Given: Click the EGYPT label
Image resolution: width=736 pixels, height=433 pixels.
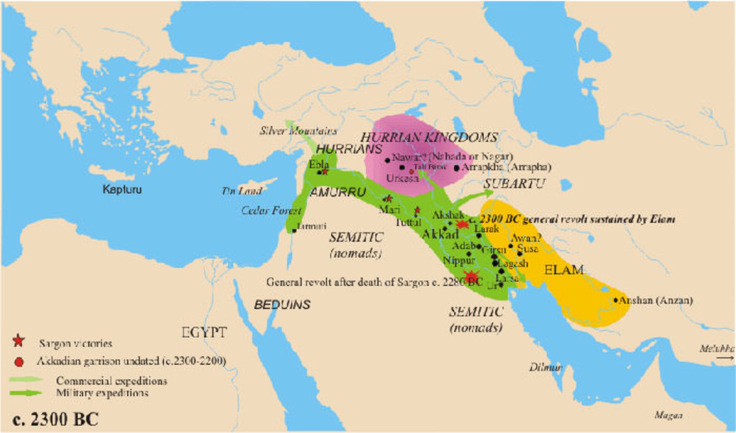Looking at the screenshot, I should coord(204,332).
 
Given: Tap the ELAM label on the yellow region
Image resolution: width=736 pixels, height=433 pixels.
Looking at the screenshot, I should coord(563,270).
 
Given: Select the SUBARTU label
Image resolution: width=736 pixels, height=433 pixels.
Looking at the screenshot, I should coord(514,184).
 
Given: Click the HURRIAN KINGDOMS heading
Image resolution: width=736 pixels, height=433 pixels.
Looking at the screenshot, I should coord(429,137).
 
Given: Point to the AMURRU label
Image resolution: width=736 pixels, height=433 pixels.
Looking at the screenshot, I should coord(337,192).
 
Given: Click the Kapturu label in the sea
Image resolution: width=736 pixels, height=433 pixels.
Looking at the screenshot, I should coord(122,189).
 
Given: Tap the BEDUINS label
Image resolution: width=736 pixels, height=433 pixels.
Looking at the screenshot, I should coord(282,305).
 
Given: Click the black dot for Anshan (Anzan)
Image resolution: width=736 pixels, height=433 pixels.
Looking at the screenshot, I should coord(616,300).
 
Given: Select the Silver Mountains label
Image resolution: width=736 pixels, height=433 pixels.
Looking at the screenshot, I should coord(298,131).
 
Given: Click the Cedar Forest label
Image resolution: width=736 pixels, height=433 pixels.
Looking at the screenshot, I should coord(271,210).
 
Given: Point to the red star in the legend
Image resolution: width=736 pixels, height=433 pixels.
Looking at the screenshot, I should coord(18,341).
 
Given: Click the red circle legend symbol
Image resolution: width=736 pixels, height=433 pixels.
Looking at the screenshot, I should coord(18,362).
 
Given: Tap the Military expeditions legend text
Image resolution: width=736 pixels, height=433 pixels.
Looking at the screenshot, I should coord(102,393).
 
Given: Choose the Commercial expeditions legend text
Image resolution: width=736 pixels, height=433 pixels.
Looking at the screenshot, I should coord(111,381).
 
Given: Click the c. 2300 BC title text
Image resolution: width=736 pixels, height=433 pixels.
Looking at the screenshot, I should coord(56,419).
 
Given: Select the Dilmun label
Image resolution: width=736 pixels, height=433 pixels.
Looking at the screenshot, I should coord(545,367).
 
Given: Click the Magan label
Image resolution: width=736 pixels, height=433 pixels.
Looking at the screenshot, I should coord(669,415).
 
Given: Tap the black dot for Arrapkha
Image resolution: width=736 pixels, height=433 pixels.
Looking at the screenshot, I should coord(456,168).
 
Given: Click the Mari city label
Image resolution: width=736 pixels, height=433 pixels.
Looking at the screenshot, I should coord(389,209).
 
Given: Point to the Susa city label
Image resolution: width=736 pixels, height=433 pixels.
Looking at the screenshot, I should coord(527,249).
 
